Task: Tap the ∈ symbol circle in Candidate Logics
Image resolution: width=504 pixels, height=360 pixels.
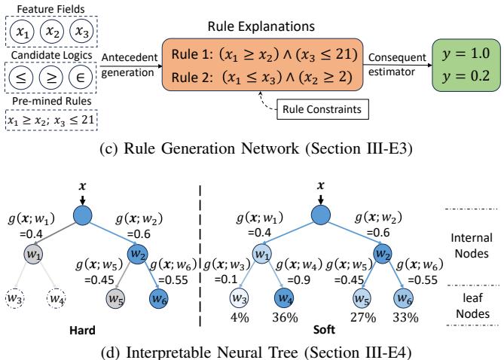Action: (x=82, y=78)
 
